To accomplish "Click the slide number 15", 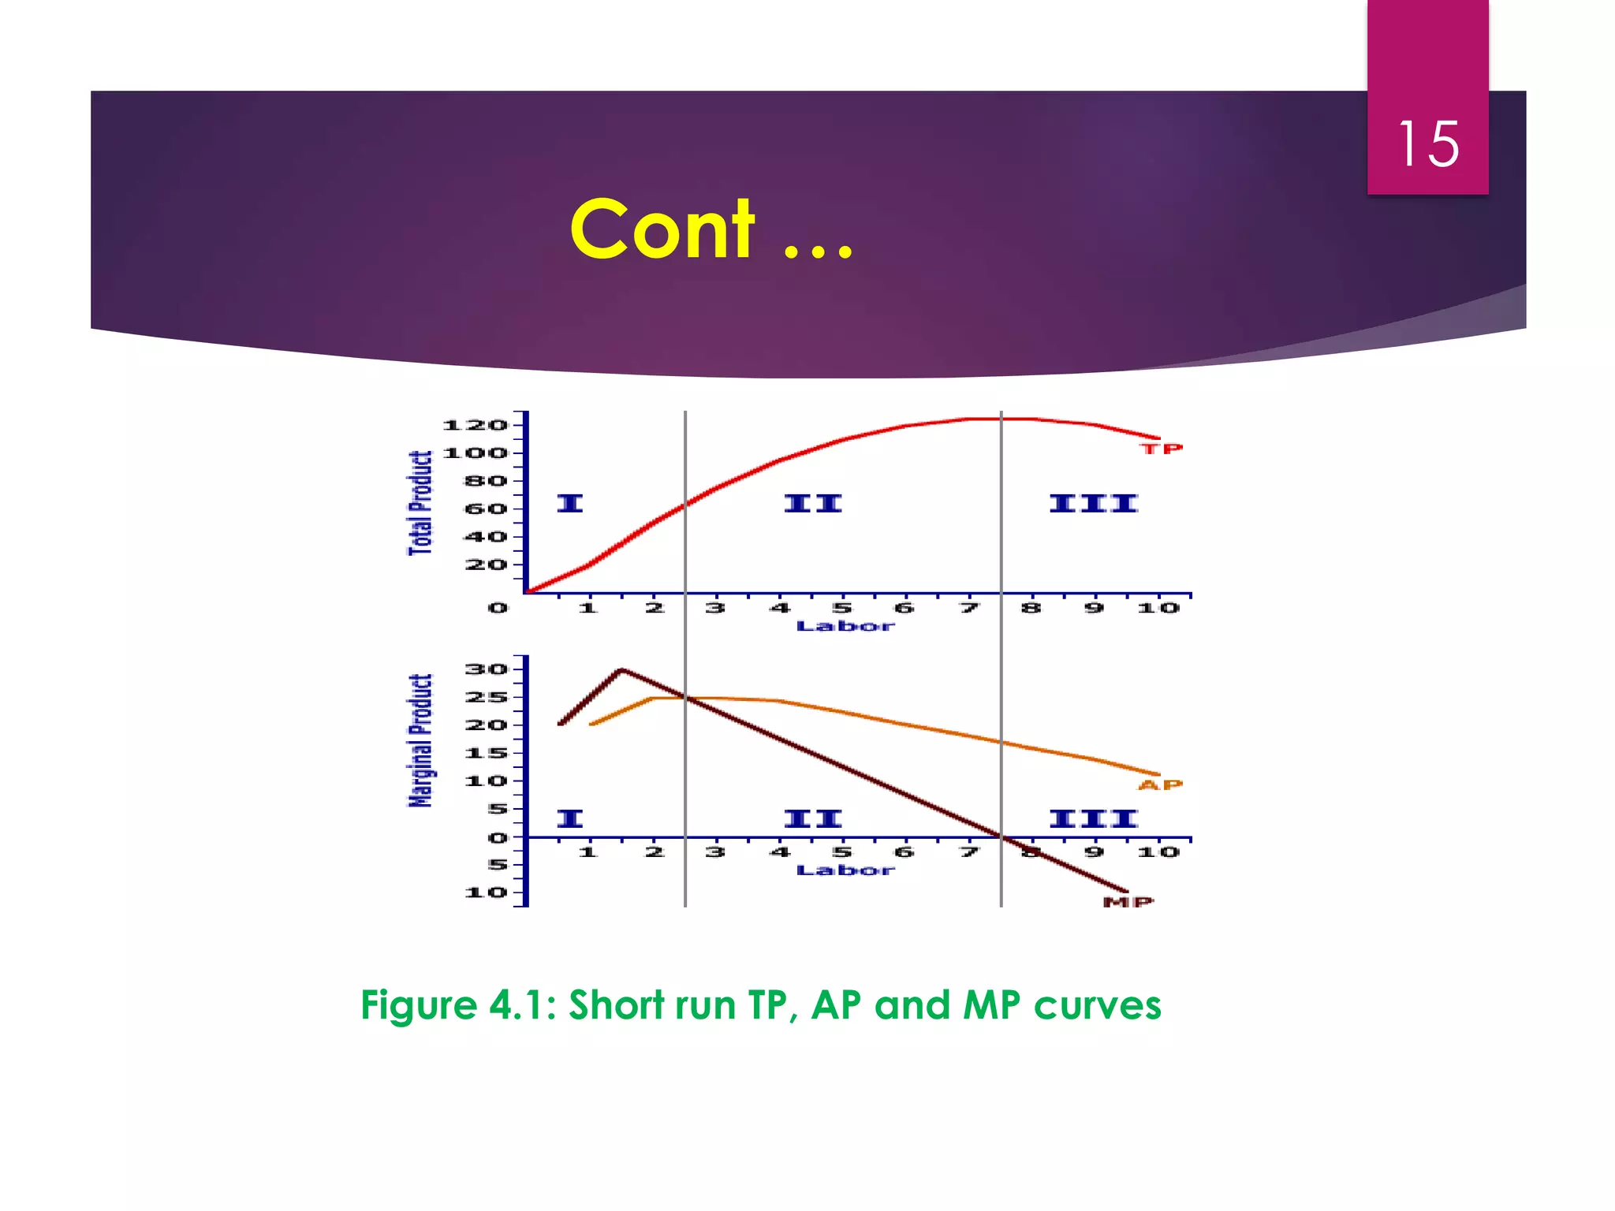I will tap(1428, 144).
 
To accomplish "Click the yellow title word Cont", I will tap(662, 229).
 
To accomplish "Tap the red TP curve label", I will tap(1162, 449).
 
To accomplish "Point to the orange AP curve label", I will tap(1160, 784).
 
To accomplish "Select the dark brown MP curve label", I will tap(1128, 902).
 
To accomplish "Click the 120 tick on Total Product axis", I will tap(475, 426).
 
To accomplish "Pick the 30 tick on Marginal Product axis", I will tap(486, 669).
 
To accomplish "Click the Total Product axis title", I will tap(420, 503).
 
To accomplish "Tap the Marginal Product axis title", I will tap(420, 741).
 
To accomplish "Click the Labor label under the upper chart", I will tap(845, 627).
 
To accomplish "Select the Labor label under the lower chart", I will tap(845, 870).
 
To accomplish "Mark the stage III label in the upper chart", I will tap(1093, 503).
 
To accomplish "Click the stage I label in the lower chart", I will tap(569, 818).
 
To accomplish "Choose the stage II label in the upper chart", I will tap(813, 503).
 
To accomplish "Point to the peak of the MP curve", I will tap(622, 670).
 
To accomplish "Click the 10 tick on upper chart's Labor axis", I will tap(1158, 608).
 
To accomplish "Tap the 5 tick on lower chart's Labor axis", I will tap(842, 852).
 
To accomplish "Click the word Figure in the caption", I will tap(419, 1005).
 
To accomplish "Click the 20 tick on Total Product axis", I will tap(486, 565).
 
